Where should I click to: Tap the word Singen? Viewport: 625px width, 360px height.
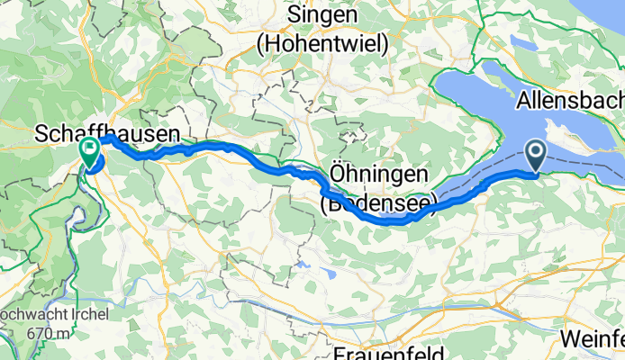pyautogui.click(x=321, y=15)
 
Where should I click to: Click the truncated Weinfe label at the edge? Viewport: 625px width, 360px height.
pyautogui.click(x=592, y=338)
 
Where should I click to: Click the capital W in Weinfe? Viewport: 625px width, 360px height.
pyautogui.click(x=569, y=338)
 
